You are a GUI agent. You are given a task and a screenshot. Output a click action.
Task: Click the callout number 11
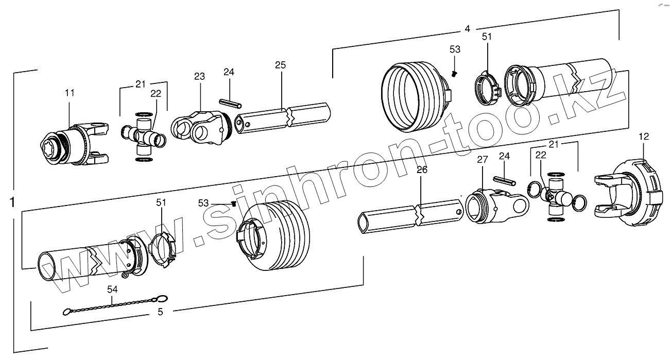click(x=70, y=93)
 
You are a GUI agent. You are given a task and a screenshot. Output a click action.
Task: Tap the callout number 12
click(x=644, y=136)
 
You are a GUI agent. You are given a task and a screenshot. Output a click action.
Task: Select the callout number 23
click(x=199, y=76)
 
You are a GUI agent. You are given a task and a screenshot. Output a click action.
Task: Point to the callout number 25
click(x=280, y=65)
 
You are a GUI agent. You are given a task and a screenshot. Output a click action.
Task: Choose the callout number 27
click(x=482, y=160)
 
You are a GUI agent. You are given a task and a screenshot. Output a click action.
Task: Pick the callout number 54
click(x=112, y=289)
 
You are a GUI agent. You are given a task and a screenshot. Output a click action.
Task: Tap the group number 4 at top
click(x=467, y=29)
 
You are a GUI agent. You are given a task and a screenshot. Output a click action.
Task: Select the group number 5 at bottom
click(x=160, y=312)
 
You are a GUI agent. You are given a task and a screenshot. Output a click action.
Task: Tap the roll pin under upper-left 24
click(x=229, y=102)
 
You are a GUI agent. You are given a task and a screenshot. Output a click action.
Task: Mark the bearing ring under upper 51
click(x=487, y=85)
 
